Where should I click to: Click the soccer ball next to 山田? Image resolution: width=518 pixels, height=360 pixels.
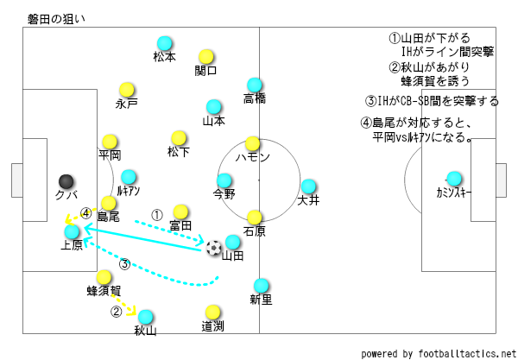pyautogui.click(x=213, y=248)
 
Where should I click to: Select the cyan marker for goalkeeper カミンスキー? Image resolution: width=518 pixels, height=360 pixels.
pyautogui.click(x=453, y=179)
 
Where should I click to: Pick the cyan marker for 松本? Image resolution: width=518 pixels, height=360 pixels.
pyautogui.click(x=164, y=43)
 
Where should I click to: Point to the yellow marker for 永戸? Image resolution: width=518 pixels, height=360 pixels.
pyautogui.click(x=127, y=89)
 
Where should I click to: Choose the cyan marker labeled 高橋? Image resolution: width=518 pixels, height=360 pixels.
pyautogui.click(x=254, y=85)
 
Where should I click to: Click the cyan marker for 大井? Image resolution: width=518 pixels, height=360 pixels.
pyautogui.click(x=308, y=186)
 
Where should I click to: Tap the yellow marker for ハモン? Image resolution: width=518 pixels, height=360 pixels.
pyautogui.click(x=252, y=143)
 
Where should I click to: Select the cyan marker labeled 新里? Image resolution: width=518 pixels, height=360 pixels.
pyautogui.click(x=261, y=286)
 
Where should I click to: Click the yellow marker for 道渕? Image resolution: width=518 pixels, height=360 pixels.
pyautogui.click(x=213, y=312)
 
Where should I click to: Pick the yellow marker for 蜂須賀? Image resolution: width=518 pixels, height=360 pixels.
pyautogui.click(x=104, y=278)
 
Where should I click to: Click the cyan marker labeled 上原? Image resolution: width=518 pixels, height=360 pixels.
pyautogui.click(x=72, y=231)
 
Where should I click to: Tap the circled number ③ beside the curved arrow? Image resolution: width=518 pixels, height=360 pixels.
pyautogui.click(x=124, y=264)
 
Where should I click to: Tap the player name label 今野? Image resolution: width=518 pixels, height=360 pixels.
pyautogui.click(x=224, y=193)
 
